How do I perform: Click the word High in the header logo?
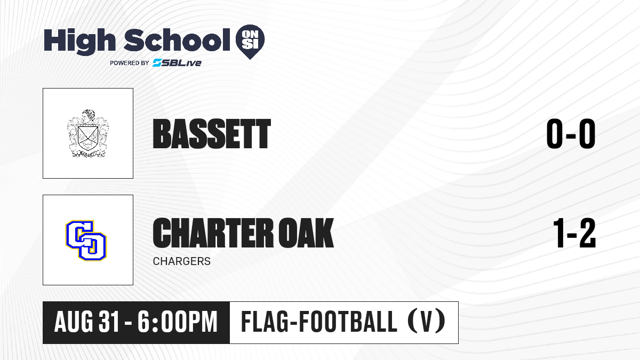79,42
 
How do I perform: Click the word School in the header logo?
177,40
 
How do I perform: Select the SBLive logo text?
177,62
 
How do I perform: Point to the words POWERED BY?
130,63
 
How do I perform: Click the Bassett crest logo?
88,133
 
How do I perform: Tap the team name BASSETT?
212,134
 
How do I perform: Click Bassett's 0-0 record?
571,134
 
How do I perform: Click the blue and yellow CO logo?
86,241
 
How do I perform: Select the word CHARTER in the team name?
212,233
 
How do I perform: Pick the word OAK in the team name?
306,233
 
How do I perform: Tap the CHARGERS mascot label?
182,261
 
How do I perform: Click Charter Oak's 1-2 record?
574,233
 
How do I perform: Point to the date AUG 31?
86,322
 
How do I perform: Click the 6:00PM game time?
178,322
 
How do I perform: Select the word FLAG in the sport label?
265,322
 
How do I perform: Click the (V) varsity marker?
426,322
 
